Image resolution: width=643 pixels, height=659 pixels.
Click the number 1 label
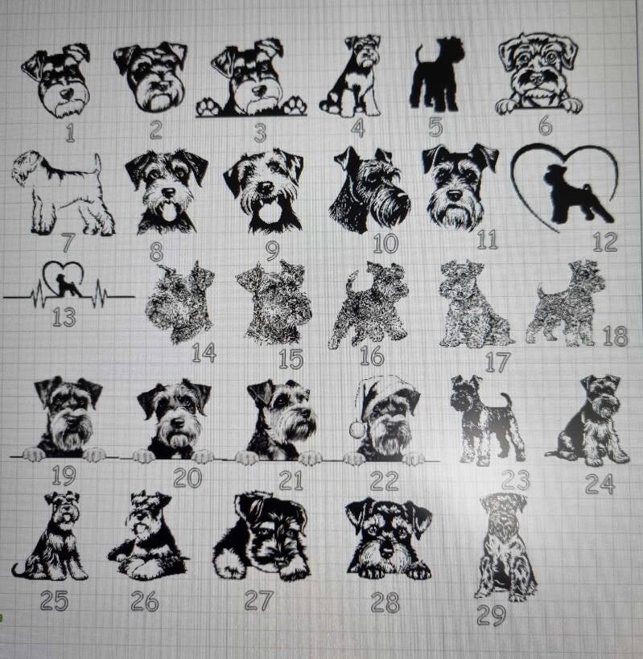coord(70,133)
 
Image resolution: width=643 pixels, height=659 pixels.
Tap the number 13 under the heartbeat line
coord(64,317)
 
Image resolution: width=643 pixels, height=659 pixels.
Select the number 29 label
coord(491,616)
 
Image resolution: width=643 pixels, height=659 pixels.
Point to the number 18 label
coord(616,336)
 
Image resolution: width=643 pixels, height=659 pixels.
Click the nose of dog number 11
coord(455,195)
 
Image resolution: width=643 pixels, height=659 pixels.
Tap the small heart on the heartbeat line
coord(64,278)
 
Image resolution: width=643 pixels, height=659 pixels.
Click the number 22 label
coord(384,480)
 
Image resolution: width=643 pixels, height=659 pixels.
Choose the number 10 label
coord(385,243)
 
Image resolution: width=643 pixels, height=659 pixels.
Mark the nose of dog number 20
coord(178,422)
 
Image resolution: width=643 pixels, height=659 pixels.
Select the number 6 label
coord(545,125)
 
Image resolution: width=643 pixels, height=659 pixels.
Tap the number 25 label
coord(54,600)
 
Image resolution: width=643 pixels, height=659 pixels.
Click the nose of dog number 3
coord(258,91)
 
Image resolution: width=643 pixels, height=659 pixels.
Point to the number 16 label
coord(372,356)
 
